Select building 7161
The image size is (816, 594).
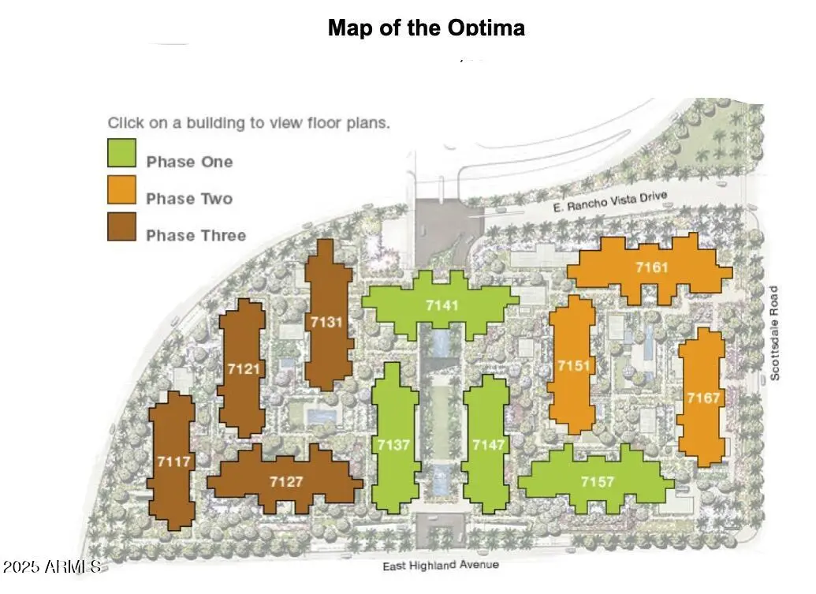(650, 269)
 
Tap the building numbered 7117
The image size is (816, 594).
(172, 461)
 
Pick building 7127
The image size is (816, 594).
(285, 481)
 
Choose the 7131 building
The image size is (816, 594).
(328, 318)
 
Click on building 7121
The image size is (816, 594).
(242, 368)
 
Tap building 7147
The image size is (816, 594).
(486, 444)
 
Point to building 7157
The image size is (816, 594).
(596, 480)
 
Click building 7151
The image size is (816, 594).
(572, 366)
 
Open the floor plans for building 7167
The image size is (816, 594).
(702, 398)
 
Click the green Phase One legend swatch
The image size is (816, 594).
(121, 152)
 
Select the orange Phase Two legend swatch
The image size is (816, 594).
(121, 189)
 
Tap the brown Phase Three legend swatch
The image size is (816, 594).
(121, 226)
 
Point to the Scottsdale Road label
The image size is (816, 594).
(774, 333)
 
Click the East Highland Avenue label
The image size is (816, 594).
(441, 566)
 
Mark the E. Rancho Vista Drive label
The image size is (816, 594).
(610, 201)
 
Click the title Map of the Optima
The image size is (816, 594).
(427, 27)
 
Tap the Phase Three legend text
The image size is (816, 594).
(196, 235)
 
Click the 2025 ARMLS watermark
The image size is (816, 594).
(51, 566)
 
